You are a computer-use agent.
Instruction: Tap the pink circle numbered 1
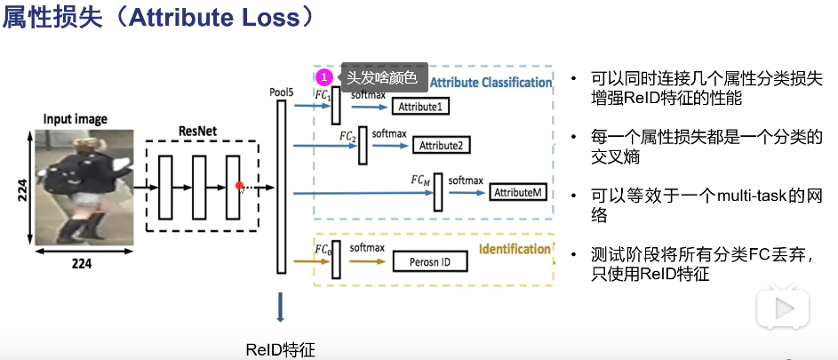[x=326, y=78]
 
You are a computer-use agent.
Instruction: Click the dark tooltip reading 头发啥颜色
[x=381, y=78]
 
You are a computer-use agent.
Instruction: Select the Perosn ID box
[x=429, y=263]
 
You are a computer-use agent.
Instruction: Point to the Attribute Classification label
[x=491, y=82]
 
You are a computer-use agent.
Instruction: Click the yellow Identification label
[x=515, y=250]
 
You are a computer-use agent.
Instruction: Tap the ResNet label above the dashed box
[x=202, y=131]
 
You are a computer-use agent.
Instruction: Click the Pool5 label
[x=281, y=91]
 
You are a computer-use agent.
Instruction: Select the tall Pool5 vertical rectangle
[x=282, y=187]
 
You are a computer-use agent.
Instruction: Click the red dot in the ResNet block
[x=239, y=186]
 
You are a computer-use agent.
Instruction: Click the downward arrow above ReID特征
[x=281, y=308]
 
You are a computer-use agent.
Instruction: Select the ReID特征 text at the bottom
[x=280, y=349]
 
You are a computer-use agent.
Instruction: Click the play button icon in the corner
[x=782, y=308]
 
